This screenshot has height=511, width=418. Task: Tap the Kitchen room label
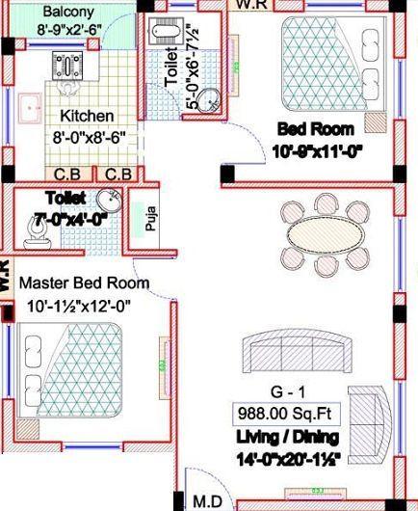(87, 117)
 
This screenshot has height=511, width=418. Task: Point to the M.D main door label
(208, 501)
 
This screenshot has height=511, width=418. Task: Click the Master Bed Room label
(85, 283)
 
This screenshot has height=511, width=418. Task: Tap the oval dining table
(327, 231)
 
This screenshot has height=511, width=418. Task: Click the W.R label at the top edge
(252, 5)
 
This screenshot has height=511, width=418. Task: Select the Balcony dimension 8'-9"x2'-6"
(69, 30)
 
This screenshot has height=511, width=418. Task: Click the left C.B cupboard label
(66, 175)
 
